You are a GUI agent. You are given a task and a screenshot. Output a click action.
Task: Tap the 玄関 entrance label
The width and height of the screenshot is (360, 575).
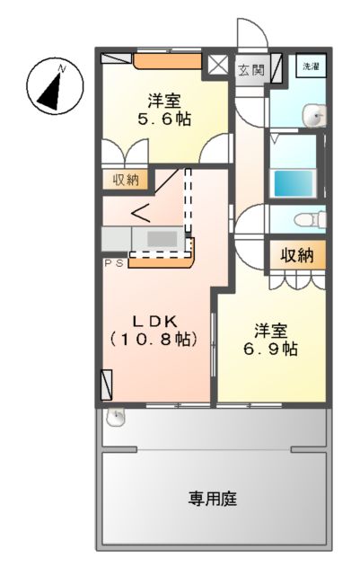click(x=250, y=69)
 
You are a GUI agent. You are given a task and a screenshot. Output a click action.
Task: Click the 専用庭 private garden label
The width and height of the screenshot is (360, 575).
click(x=213, y=497)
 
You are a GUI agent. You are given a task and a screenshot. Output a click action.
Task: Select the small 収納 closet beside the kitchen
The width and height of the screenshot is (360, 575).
click(x=126, y=180)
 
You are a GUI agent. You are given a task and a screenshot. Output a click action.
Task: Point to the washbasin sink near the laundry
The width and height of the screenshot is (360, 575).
click(x=314, y=116)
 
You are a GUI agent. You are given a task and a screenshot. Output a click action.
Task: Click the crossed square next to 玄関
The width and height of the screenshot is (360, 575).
click(x=218, y=66)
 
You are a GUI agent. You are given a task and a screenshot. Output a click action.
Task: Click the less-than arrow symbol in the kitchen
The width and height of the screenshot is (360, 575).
click(x=141, y=213)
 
